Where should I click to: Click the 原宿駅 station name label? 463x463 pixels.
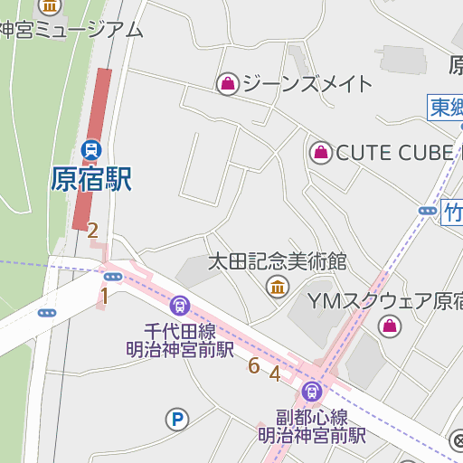91,178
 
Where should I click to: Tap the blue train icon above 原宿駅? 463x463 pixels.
91,147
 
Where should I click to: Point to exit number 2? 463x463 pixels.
92,230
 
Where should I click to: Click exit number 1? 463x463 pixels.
104,295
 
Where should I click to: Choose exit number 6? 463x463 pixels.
253,365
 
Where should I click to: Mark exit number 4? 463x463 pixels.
275,373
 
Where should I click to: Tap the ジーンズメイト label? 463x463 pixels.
307,84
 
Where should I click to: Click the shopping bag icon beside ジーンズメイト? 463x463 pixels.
228,84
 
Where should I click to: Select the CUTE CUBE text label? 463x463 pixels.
393,153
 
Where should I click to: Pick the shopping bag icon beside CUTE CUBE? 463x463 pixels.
321,153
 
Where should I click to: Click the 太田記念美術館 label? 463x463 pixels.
278,262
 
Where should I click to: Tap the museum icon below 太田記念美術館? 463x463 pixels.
278,288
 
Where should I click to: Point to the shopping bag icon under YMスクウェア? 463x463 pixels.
390,326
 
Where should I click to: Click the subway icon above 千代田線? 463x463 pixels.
179,306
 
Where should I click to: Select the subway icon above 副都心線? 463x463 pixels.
312,392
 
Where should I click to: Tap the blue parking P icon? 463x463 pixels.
177,418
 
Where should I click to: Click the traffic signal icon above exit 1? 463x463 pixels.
113,277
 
